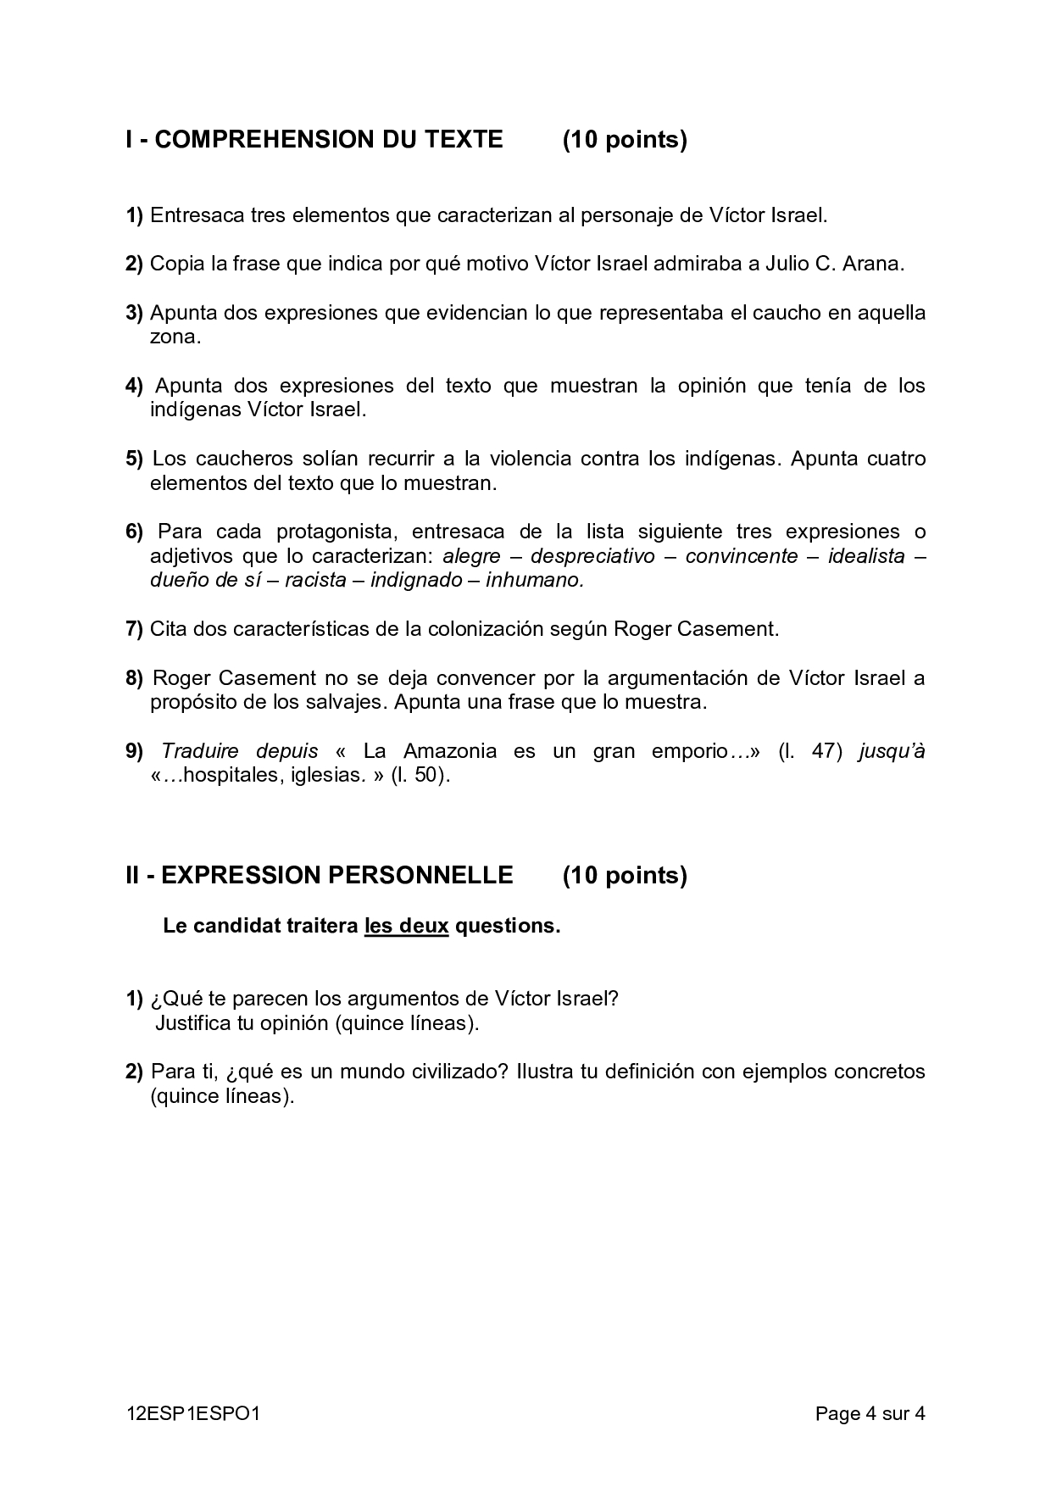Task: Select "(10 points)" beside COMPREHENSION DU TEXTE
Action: [x=625, y=140]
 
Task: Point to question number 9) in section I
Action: [x=134, y=751]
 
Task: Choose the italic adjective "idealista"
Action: [x=866, y=556]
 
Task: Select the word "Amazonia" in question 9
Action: [x=450, y=751]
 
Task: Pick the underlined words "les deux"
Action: [x=406, y=926]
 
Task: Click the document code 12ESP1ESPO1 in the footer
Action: [x=192, y=1413]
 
